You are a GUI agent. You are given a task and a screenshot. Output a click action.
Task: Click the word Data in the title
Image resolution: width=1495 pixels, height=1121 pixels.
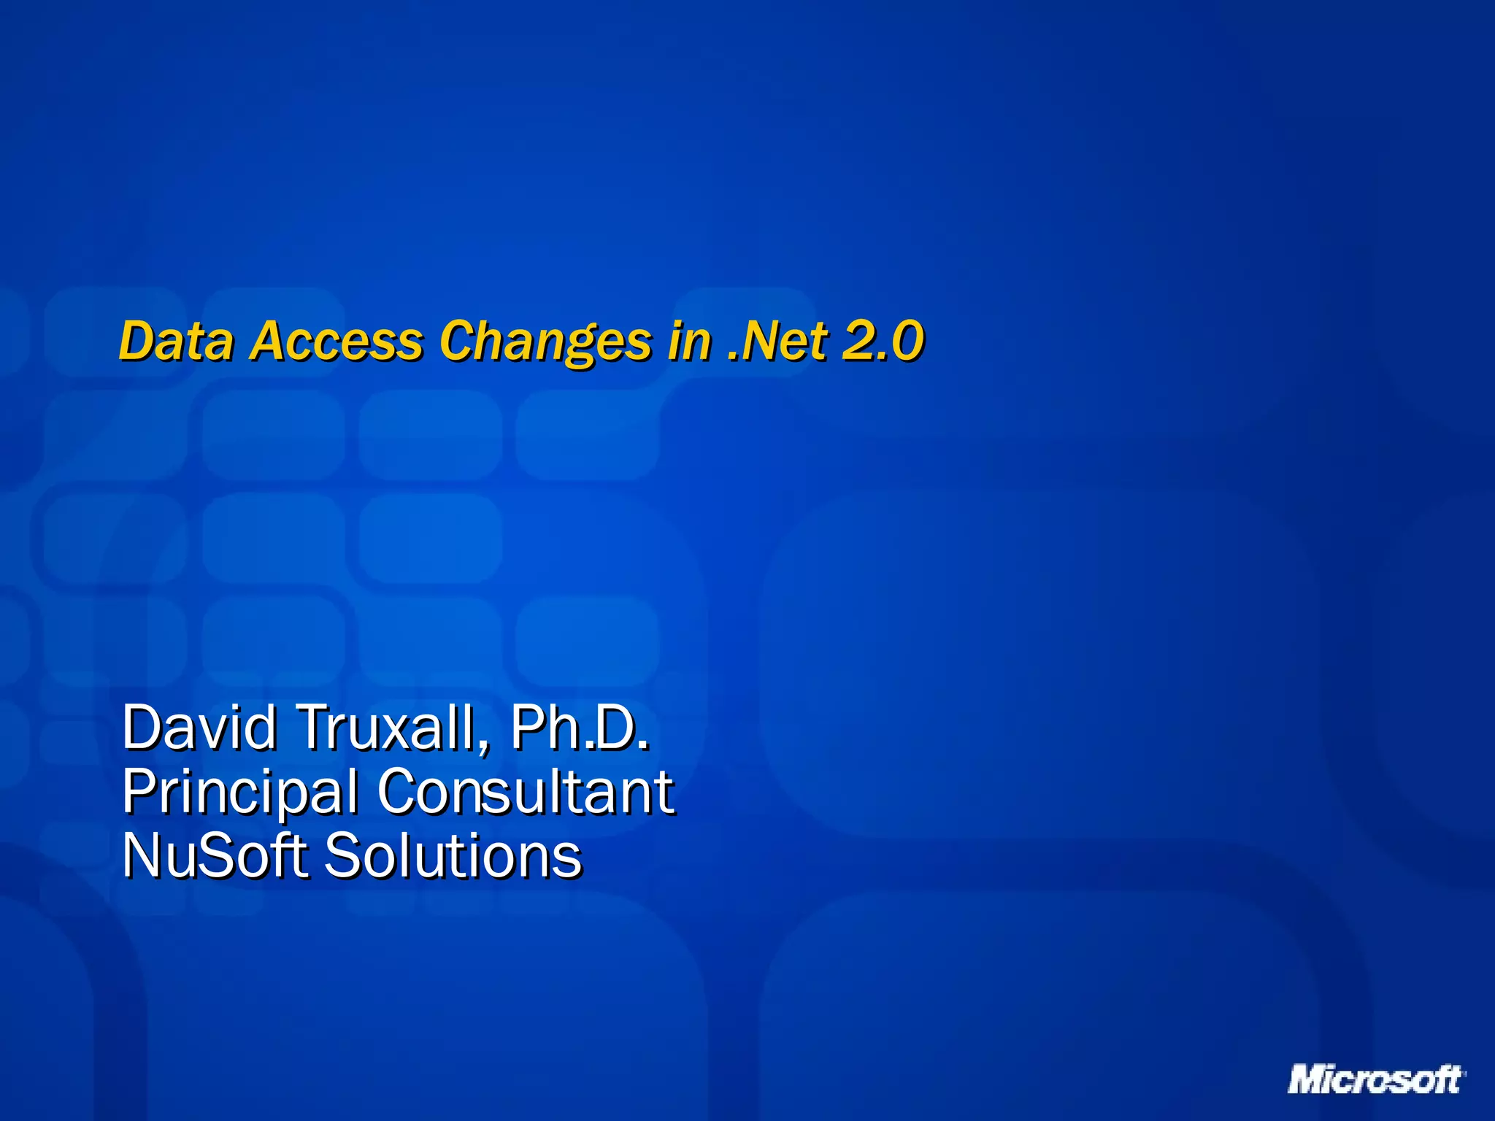175,341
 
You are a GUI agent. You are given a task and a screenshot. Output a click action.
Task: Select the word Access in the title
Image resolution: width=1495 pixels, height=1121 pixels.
336,341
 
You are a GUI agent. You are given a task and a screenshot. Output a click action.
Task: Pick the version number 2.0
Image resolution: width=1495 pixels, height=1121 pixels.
883,341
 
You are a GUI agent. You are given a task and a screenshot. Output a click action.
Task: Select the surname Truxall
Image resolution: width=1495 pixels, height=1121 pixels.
385,728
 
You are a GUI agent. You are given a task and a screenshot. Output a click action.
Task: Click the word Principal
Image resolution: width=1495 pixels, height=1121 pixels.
239,792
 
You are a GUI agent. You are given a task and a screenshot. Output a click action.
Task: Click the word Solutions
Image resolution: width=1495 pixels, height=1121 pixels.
453,855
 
